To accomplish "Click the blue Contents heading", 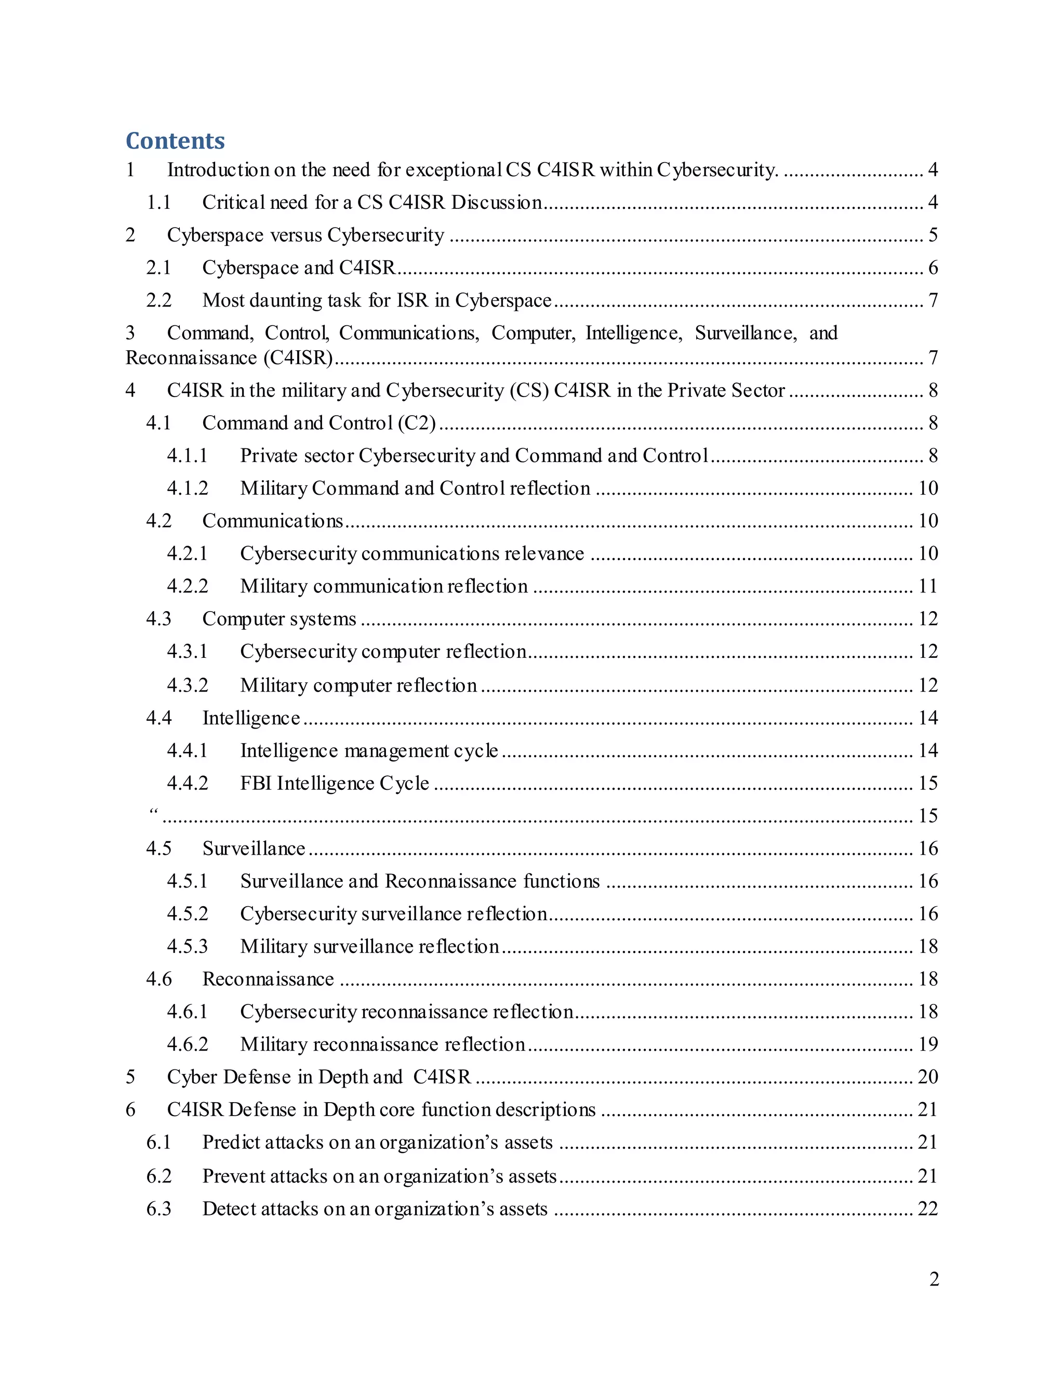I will click(175, 141).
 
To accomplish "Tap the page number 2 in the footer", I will click(934, 1279).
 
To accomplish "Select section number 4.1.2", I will click(187, 488).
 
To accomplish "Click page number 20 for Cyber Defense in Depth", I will click(928, 1077).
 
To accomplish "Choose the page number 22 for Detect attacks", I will click(928, 1209).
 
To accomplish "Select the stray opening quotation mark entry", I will click(153, 813).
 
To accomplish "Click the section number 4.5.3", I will click(187, 946).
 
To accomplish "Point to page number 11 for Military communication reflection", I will click(928, 586).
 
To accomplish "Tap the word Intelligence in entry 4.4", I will click(251, 718).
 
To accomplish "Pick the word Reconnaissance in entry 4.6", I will click(268, 979).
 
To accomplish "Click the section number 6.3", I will click(159, 1209).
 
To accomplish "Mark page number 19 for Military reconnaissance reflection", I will click(928, 1044).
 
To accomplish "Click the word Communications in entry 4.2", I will click(272, 521).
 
